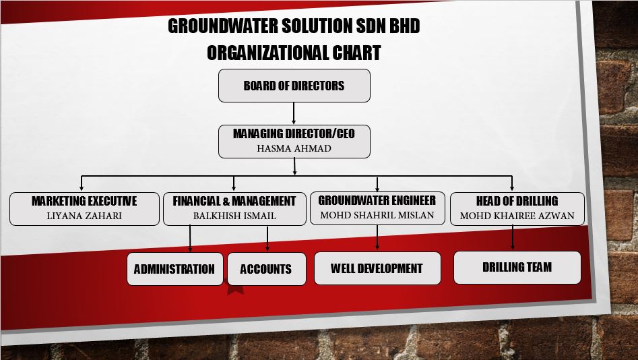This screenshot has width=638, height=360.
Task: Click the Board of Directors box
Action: pos(294,86)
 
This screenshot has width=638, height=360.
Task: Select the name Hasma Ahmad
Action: pos(294,148)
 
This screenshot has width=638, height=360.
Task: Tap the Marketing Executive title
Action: pos(84,201)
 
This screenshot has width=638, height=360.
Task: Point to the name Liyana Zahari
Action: pos(84,216)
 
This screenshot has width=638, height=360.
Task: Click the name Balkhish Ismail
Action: pos(234,216)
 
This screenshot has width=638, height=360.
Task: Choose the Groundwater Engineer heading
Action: pos(377,200)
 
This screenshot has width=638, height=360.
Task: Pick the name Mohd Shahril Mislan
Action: pos(377,215)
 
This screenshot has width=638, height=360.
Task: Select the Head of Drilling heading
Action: pos(517,201)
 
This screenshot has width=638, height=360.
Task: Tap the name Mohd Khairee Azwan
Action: pos(517,216)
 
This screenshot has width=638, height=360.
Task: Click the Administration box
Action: pos(175,269)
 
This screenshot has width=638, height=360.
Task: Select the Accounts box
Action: pos(267,269)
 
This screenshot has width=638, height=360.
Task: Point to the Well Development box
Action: pos(377,268)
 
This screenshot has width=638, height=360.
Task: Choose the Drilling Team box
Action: pos(517,267)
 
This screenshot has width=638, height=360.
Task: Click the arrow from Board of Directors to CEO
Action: pos(294,113)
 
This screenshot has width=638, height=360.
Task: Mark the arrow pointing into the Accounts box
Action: pos(267,239)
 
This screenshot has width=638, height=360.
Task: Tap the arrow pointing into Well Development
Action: pos(377,237)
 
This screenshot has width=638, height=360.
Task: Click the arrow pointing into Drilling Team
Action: pos(512,237)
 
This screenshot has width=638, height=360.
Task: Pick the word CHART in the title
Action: pos(356,53)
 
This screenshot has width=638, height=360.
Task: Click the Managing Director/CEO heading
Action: pos(294,133)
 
